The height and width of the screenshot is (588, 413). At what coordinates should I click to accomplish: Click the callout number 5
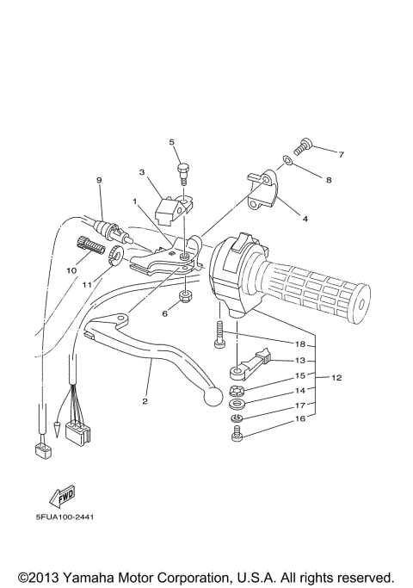(x=172, y=142)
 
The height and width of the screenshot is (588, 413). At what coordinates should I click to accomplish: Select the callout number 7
(x=341, y=155)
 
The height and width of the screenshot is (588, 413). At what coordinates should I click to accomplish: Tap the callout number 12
(x=336, y=377)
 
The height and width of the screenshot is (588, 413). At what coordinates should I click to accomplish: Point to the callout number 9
(x=99, y=180)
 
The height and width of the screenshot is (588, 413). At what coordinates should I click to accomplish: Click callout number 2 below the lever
(x=145, y=401)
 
